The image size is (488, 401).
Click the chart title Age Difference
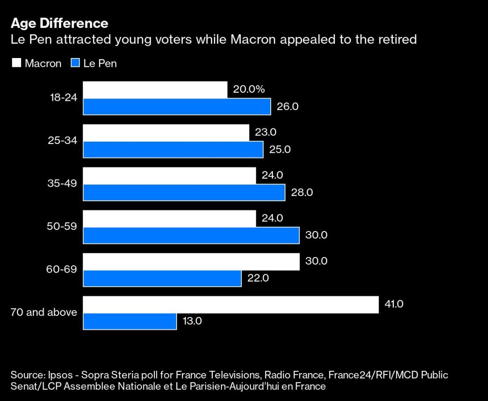pyautogui.click(x=59, y=23)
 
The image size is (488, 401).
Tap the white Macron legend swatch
pyautogui.click(x=16, y=63)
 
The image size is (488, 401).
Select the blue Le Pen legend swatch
pyautogui.click(x=75, y=63)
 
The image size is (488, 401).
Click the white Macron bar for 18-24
pyautogui.click(x=155, y=90)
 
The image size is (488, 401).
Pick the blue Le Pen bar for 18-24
pyautogui.click(x=177, y=107)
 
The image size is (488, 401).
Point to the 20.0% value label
pyautogui.click(x=249, y=89)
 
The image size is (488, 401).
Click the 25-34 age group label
pyautogui.click(x=63, y=141)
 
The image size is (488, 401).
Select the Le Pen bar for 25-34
pyautogui.click(x=173, y=149)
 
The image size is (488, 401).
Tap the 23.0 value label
pyautogui.click(x=266, y=132)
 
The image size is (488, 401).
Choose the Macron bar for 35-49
pyautogui.click(x=170, y=176)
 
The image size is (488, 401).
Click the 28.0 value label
pyautogui.click(x=302, y=192)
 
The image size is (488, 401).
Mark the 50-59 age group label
pyautogui.click(x=62, y=226)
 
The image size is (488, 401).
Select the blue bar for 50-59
pyautogui.click(x=191, y=236)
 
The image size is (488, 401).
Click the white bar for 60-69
pyautogui.click(x=191, y=262)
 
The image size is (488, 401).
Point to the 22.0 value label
pyautogui.click(x=258, y=278)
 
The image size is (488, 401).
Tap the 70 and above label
pyautogui.click(x=44, y=312)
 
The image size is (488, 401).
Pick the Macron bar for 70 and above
pyautogui.click(x=231, y=305)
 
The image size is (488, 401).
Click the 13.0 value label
pyautogui.click(x=192, y=321)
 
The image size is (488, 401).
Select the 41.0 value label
pyautogui.click(x=394, y=304)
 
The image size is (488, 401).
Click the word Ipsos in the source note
pyautogui.click(x=60, y=375)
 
